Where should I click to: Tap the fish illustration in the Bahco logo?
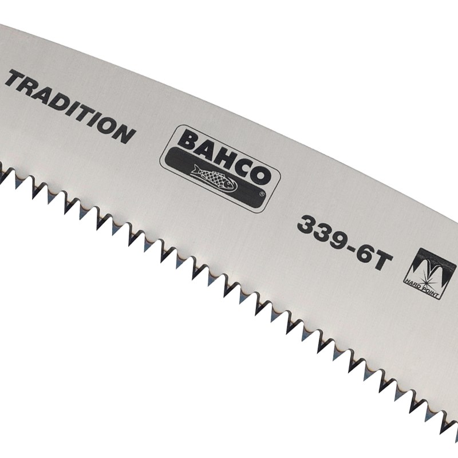214,179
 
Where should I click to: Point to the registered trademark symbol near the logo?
262,194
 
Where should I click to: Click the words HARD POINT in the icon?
421,289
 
